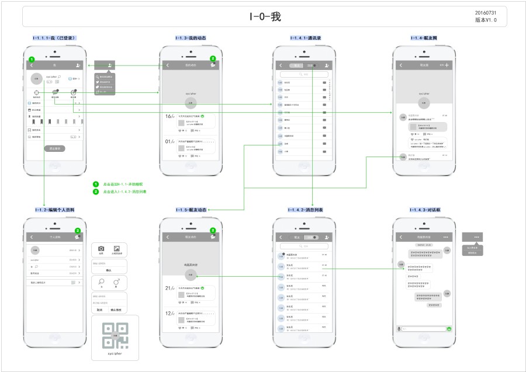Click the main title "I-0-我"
pyautogui.click(x=265, y=17)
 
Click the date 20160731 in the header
pyautogui.click(x=486, y=12)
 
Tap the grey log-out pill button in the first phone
pyautogui.click(x=56, y=149)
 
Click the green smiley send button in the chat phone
pyautogui.click(x=449, y=329)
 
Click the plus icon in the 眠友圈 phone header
pyautogui.click(x=447, y=65)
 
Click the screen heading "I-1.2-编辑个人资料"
pyautogui.click(x=54, y=210)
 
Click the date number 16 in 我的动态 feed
pyautogui.click(x=168, y=116)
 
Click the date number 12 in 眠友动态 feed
pyautogui.click(x=168, y=313)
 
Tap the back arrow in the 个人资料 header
pyautogui.click(x=32, y=237)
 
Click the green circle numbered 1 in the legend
pyautogui.click(x=96, y=184)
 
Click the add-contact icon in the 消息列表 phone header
pyautogui.click(x=327, y=237)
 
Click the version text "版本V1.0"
pyautogui.click(x=486, y=20)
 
